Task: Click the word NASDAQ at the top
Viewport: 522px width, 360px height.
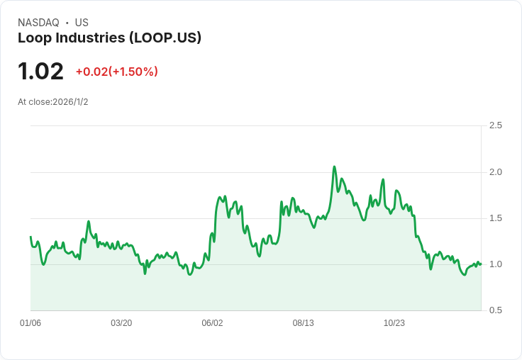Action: (38, 23)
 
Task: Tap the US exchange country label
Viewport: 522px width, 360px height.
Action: (82, 23)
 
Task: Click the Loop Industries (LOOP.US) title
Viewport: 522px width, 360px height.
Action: (109, 38)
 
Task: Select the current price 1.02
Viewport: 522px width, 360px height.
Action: (40, 71)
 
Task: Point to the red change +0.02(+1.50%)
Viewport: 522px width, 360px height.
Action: (116, 72)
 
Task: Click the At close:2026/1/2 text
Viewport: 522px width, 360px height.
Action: (52, 102)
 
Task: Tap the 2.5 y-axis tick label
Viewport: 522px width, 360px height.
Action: (495, 125)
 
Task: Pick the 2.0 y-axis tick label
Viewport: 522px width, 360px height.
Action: (495, 172)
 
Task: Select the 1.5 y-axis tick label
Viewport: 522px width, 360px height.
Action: (495, 218)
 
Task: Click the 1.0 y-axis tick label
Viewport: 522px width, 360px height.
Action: (495, 264)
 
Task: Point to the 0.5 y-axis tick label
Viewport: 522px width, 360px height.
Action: (495, 310)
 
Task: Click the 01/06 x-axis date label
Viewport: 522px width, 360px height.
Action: (30, 323)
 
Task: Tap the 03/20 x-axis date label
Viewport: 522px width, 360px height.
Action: (121, 323)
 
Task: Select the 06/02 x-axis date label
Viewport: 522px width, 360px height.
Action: (212, 323)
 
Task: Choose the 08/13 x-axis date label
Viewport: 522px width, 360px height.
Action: (303, 323)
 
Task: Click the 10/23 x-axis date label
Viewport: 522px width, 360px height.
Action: (394, 323)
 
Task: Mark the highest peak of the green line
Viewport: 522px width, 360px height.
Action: (334, 167)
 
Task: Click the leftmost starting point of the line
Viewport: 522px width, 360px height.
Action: (30, 237)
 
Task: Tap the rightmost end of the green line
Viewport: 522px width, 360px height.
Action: (481, 264)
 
